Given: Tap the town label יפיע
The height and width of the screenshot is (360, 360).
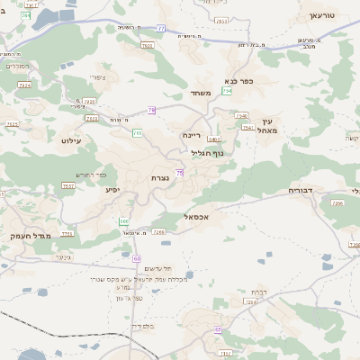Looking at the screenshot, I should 112,189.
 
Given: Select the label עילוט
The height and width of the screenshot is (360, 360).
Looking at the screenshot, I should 71,140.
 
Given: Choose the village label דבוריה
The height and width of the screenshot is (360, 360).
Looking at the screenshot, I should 300,191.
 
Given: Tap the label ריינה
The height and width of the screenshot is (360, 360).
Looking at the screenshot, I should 191,135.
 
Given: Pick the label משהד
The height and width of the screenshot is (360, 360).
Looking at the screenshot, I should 200,93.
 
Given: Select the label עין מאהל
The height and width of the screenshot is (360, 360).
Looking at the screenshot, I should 274,126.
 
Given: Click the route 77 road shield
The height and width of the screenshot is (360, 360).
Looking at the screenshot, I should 161,29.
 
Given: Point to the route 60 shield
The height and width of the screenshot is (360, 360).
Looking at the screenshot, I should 137,258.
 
